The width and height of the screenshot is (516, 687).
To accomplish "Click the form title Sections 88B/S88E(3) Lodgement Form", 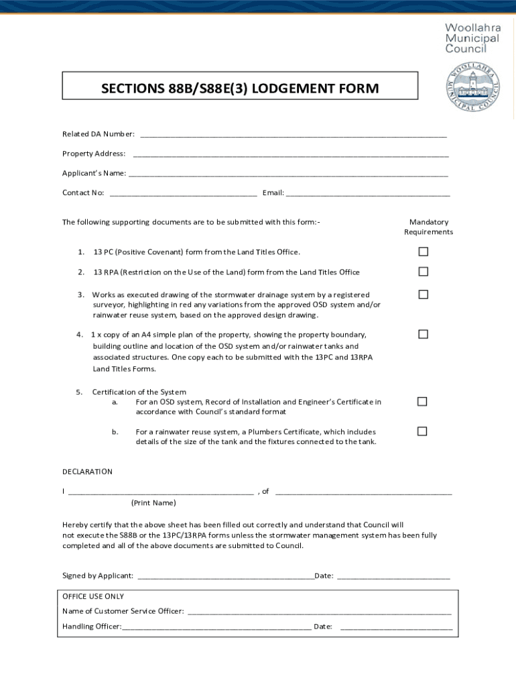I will [231, 89].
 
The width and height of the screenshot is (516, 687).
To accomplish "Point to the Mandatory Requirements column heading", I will [428, 227].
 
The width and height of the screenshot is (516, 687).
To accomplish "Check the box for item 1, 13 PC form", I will [423, 252].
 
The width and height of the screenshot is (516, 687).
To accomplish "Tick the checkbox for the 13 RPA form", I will [423, 272].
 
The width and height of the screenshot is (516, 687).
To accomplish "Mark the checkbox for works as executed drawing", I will [423, 295].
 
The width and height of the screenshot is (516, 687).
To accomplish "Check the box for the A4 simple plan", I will [423, 334].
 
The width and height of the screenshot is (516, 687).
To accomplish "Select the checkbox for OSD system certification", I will [422, 401].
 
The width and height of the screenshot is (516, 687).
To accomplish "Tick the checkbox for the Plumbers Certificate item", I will [422, 431].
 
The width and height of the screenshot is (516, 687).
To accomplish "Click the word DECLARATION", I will [87, 472].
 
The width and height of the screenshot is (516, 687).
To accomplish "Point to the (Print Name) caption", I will [153, 503].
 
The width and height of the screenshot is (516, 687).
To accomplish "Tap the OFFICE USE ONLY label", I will [93, 596].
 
